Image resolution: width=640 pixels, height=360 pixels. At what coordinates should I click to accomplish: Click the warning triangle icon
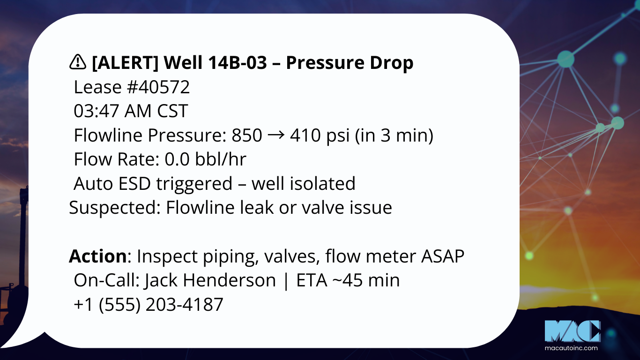(77, 62)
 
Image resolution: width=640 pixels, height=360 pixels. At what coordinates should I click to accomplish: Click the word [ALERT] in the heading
(125, 63)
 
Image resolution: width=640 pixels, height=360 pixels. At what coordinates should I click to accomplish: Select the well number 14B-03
(238, 62)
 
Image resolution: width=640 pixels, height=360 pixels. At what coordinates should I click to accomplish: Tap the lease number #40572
(158, 87)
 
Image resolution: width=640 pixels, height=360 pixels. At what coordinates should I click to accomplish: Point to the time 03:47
(97, 111)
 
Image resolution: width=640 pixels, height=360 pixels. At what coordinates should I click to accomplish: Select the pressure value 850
(247, 135)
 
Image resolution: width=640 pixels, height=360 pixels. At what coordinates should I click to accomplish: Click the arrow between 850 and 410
(276, 135)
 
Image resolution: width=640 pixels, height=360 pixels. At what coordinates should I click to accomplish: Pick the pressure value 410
(305, 135)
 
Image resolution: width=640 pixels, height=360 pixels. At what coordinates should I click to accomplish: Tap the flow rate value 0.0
(177, 159)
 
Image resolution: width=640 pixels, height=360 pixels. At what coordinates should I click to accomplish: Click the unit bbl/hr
(221, 159)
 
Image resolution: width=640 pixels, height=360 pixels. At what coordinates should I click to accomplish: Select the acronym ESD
(134, 183)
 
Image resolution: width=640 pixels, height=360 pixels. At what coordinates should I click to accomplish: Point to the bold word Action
(98, 256)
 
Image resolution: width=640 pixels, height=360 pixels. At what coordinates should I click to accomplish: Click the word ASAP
(443, 256)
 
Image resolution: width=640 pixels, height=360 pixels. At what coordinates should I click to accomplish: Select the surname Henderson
(230, 280)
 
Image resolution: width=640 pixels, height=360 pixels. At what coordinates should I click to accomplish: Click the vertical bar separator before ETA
(286, 280)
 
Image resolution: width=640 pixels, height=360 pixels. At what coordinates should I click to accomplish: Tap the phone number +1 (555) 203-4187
(148, 304)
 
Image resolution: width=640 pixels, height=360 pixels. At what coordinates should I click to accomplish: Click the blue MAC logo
(573, 331)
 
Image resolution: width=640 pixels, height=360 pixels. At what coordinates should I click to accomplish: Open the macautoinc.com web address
(571, 348)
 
